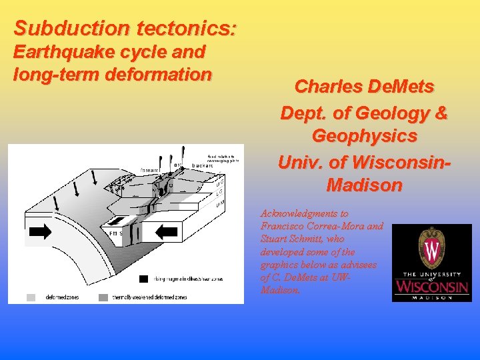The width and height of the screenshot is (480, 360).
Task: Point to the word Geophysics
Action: [x=364, y=136]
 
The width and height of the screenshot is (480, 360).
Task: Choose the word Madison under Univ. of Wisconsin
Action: [x=364, y=185]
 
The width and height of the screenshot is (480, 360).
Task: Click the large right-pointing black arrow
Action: [x=40, y=232]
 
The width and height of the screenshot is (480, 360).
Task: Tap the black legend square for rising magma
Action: [x=143, y=279]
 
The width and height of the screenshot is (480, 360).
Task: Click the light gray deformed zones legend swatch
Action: [x=31, y=297]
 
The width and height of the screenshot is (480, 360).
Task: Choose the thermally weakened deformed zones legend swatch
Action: [x=103, y=297]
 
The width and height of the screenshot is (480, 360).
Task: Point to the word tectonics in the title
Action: [x=186, y=29]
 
